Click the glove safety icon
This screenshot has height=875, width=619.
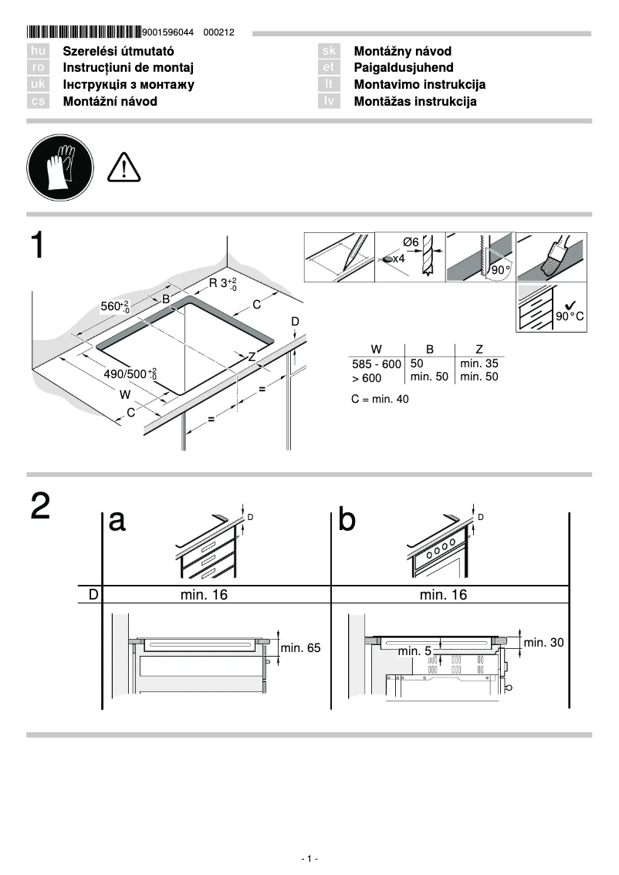tap(59, 167)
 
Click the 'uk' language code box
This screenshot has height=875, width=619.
tap(38, 85)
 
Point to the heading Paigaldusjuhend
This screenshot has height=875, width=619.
tap(403, 68)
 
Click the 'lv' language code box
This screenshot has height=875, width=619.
tap(329, 102)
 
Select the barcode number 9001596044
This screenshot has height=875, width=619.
tap(169, 33)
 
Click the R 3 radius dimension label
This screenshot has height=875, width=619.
tap(223, 283)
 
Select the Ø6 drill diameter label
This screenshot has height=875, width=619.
tap(411, 242)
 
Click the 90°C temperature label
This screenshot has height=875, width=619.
tap(570, 317)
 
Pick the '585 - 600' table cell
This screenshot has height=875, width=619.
tap(376, 363)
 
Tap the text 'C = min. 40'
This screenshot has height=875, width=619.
tap(380, 399)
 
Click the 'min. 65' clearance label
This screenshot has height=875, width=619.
tap(300, 648)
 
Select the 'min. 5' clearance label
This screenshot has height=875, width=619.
tap(414, 651)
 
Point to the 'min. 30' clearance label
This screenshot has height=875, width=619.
tap(543, 642)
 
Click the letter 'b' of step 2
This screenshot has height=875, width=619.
tap(347, 521)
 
